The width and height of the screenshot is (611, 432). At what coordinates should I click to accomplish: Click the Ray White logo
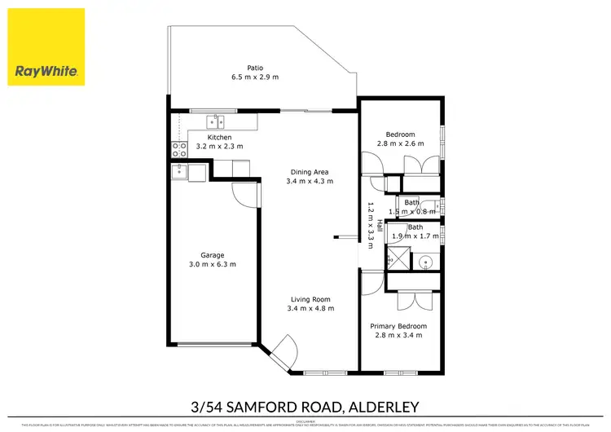pyautogui.click(x=47, y=46)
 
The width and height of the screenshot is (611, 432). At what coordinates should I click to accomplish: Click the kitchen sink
pyautogui.click(x=217, y=122)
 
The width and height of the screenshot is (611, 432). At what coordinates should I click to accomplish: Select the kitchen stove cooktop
pyautogui.click(x=176, y=149)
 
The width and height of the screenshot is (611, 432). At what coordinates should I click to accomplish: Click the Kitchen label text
pyautogui.click(x=219, y=137)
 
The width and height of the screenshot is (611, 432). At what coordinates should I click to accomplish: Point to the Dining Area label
pyautogui.click(x=310, y=171)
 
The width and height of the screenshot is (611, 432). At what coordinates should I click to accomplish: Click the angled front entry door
pyautogui.click(x=284, y=352)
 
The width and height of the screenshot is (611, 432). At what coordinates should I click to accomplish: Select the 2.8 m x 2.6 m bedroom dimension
pyautogui.click(x=400, y=144)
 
